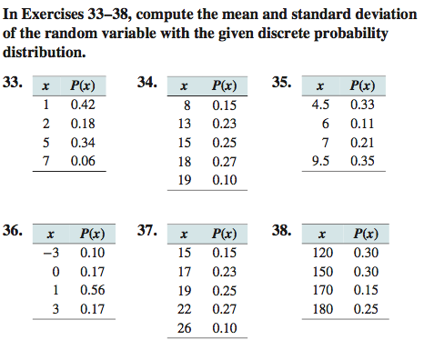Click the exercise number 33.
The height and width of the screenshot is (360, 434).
coord(13,84)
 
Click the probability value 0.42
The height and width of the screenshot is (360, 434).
coord(83,105)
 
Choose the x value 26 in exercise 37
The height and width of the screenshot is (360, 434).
coord(184,326)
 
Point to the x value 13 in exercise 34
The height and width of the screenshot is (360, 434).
coord(184,125)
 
